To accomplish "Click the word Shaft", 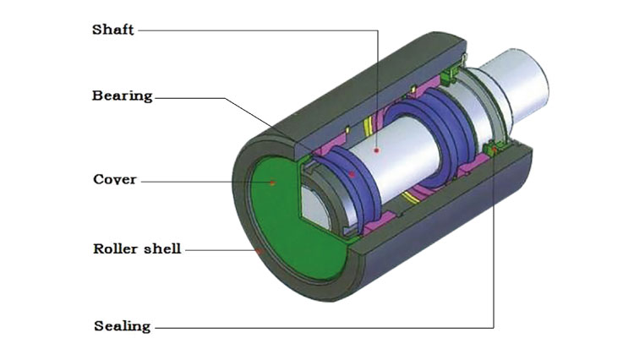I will tap(112, 30).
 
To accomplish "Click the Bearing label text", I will tap(122, 95).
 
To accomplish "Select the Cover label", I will tap(114, 179).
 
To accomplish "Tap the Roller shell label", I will tap(136, 249).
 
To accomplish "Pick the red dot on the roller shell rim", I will tap(261, 250).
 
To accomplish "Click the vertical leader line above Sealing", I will tap(494, 254).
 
